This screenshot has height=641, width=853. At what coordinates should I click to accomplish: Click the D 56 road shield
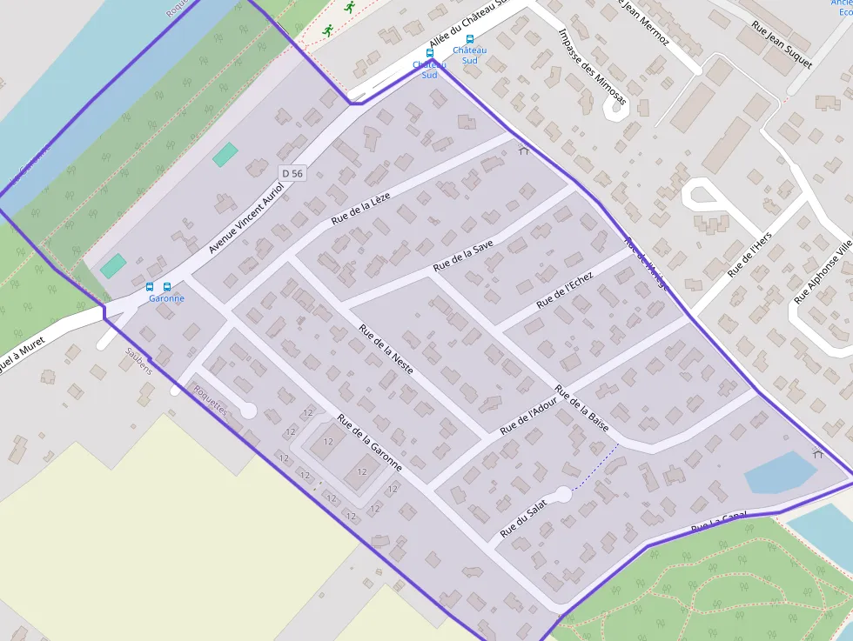(292, 174)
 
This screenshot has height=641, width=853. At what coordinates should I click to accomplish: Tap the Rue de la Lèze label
(361, 209)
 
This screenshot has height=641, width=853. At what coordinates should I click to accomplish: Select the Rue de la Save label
(463, 254)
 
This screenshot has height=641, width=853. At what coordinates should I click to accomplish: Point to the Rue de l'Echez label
(565, 290)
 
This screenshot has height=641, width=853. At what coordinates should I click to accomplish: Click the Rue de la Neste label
(386, 349)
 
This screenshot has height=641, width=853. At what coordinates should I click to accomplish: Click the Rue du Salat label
(523, 517)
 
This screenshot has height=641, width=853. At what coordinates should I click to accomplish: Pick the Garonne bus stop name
(166, 298)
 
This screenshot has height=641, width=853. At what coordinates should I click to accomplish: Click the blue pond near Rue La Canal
(779, 472)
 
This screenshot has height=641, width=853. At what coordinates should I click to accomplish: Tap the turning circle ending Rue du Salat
(563, 494)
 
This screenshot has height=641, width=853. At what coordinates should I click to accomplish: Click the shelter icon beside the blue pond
(817, 452)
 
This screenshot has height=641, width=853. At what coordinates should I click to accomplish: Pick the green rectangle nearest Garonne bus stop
(112, 265)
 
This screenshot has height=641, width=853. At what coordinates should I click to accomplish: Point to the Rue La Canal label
(719, 523)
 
